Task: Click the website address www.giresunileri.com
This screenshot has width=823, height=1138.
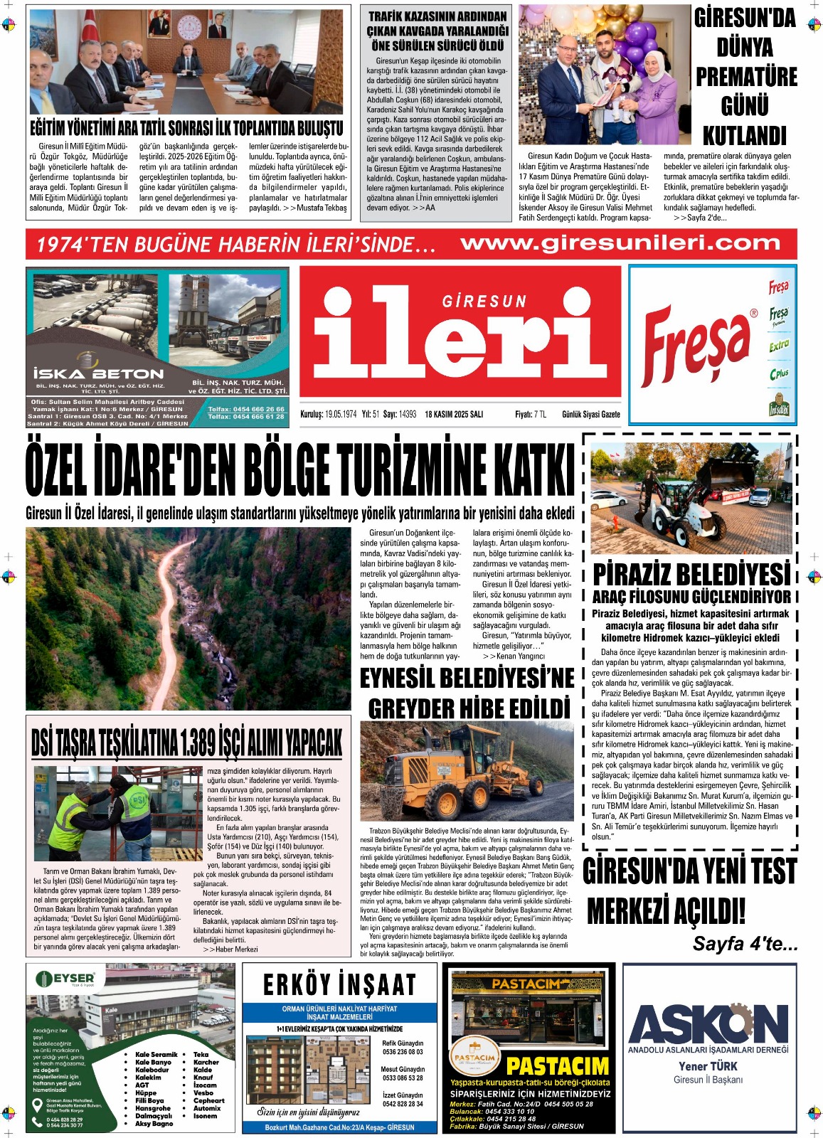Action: (x=620, y=243)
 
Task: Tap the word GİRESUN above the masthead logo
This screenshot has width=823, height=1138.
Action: (x=484, y=302)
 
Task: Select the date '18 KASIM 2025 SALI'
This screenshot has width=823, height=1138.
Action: (x=454, y=414)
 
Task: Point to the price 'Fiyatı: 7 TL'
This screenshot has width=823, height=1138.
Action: (x=531, y=414)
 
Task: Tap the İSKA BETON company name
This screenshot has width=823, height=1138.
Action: (x=98, y=373)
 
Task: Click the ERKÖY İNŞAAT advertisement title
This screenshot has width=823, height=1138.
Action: (x=339, y=985)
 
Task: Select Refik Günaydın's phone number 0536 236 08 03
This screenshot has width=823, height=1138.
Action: (x=403, y=1051)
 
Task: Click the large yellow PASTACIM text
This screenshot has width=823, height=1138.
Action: (x=557, y=1066)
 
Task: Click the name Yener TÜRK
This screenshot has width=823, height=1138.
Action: (x=708, y=1066)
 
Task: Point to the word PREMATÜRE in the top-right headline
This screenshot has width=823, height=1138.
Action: (x=746, y=77)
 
